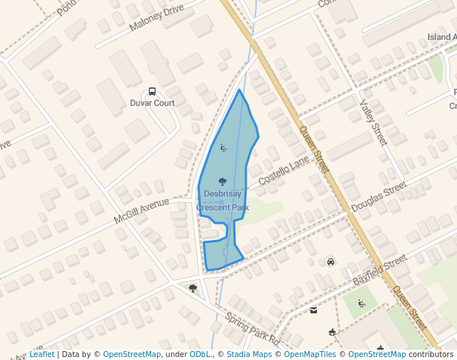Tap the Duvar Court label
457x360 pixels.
(x=153, y=103)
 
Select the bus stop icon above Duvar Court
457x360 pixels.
(x=153, y=91)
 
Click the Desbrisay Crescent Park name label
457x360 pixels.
(x=222, y=201)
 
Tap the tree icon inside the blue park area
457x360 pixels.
(x=222, y=181)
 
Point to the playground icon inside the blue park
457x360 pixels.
(x=223, y=148)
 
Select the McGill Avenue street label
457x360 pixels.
(x=141, y=211)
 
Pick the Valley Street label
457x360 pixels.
(x=373, y=123)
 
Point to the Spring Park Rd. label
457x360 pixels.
(x=253, y=330)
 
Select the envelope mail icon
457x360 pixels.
(x=313, y=310)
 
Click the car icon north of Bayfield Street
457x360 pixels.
(x=330, y=261)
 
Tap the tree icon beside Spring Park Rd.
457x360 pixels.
(x=193, y=288)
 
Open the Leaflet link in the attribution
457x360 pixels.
(x=41, y=355)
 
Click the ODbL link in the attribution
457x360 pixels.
(x=200, y=355)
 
